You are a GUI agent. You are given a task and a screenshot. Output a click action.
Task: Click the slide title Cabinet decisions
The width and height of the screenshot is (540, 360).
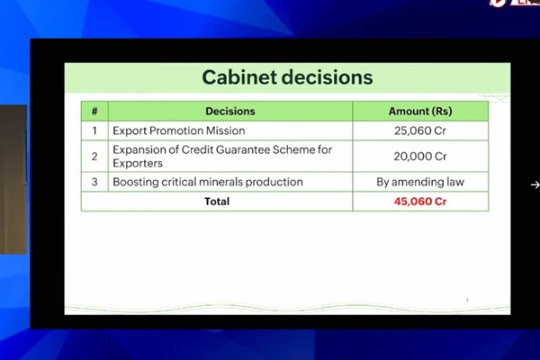286,77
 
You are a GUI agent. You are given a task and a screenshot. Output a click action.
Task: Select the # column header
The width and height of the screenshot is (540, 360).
94,112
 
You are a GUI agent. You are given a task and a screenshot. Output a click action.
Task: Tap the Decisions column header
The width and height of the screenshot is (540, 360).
229,112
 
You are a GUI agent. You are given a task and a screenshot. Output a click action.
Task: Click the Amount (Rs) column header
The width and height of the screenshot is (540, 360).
419,112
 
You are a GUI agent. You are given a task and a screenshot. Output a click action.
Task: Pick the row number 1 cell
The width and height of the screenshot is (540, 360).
94,130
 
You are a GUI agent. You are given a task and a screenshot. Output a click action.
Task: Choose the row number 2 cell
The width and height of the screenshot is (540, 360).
94,156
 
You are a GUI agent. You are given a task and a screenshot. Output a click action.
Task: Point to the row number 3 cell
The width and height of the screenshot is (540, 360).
94,182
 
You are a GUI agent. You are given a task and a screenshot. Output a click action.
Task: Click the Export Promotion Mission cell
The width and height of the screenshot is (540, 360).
178,130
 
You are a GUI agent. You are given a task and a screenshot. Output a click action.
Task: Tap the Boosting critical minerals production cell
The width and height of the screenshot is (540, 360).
207,182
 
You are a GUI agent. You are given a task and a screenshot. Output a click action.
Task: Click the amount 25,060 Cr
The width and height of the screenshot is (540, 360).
419,130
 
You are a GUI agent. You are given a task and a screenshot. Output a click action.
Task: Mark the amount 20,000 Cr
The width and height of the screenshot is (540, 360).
419,156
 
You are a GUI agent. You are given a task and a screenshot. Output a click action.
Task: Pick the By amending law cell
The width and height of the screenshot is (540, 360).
419,182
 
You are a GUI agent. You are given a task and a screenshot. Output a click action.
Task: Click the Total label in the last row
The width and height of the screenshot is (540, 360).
217,202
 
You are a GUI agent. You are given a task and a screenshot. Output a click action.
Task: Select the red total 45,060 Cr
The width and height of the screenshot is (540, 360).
419,202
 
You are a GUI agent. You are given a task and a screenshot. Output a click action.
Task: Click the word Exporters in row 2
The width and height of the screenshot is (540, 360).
138,164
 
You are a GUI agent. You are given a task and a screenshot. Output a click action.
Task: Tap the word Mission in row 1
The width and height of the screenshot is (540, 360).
223,130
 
